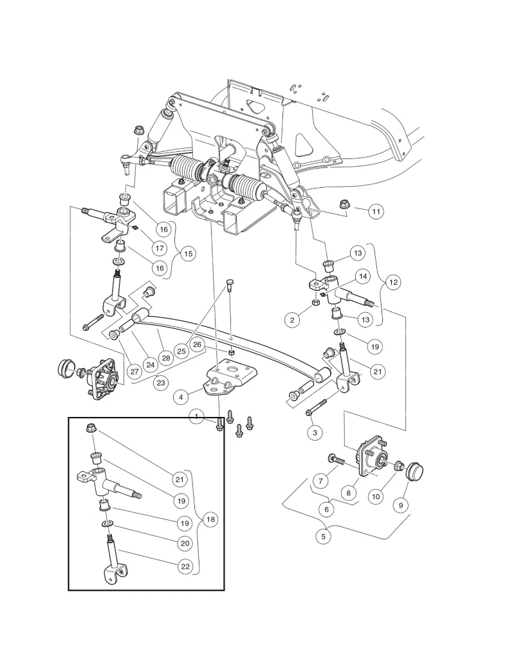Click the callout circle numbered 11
376,210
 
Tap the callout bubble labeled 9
400,506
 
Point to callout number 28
165,357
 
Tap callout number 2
293,319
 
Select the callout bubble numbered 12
393,282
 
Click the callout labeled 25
182,351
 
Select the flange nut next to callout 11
344,205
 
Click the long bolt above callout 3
318,406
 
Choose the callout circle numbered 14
363,276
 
